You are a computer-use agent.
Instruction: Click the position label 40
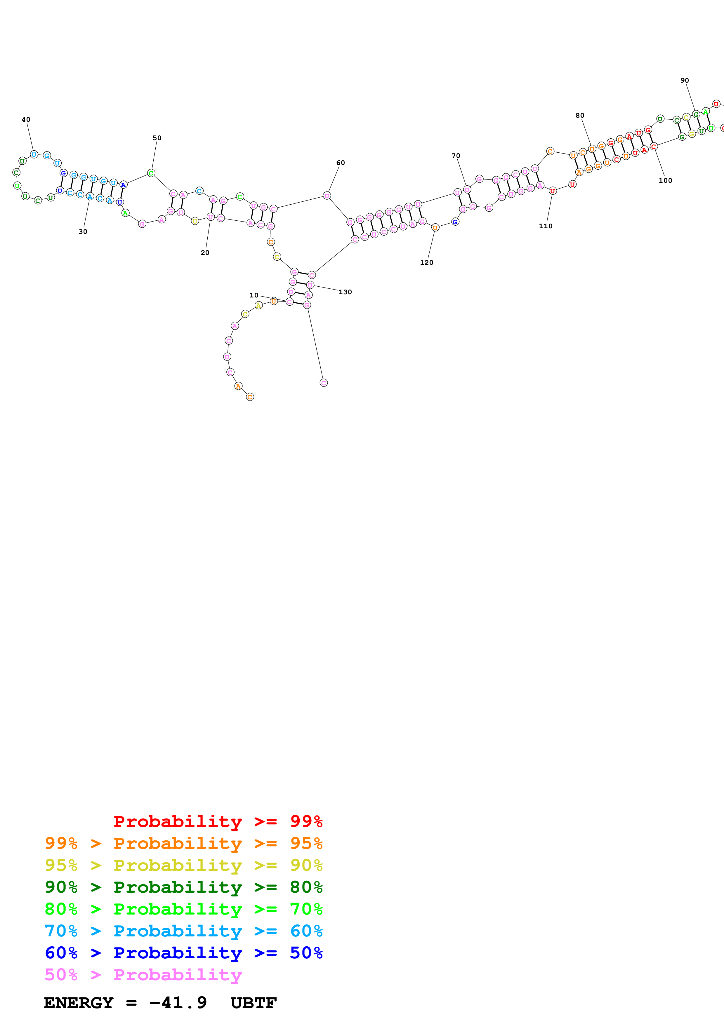coord(26,119)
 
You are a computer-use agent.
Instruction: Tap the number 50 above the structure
coord(157,138)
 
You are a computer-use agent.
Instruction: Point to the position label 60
coord(340,163)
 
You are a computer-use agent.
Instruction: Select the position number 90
coord(684,80)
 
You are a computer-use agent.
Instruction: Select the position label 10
coord(254,295)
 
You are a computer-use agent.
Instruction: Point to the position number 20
coord(205,253)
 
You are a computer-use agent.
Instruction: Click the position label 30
coord(83,232)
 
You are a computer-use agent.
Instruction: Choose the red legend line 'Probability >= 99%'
coord(218,821)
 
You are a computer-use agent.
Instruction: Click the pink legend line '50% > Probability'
coord(143,975)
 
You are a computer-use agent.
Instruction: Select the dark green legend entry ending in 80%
coord(183,887)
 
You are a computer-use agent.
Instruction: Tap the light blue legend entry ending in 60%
coord(183,931)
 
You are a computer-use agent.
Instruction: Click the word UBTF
coord(254,1003)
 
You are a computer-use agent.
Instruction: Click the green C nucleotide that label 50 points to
coord(151,173)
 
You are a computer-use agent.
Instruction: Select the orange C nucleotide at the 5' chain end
coord(250,397)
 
